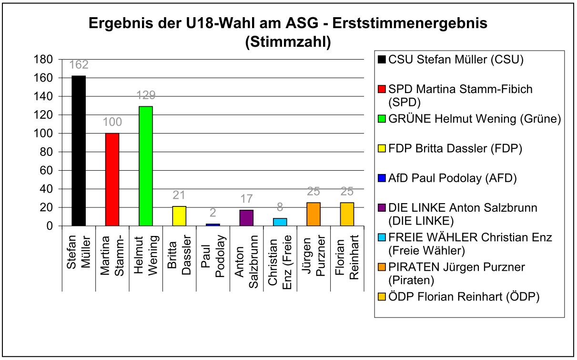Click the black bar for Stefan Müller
(79, 151)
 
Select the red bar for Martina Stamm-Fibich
(112, 179)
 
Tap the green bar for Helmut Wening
(146, 166)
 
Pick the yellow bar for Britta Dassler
(179, 216)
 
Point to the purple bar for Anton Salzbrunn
(246, 218)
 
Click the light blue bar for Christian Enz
(280, 222)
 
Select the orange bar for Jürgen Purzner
(314, 214)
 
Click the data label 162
(79, 65)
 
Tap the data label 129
(146, 96)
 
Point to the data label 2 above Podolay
(213, 213)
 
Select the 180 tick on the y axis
(43, 60)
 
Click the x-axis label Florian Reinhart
(347, 255)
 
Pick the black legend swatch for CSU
(381, 60)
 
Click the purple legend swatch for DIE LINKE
(381, 208)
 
